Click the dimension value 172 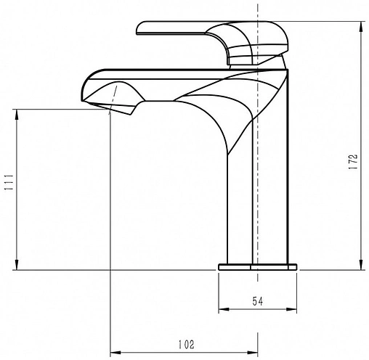(353, 161)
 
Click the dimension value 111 (9, 182)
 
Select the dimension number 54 (258, 301)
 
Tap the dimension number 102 (186, 345)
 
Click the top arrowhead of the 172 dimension (361, 26)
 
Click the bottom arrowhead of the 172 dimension (361, 265)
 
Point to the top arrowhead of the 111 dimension (17, 115)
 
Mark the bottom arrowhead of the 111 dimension (17, 265)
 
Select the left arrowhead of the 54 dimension (224, 309)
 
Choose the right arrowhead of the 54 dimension (291, 309)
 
